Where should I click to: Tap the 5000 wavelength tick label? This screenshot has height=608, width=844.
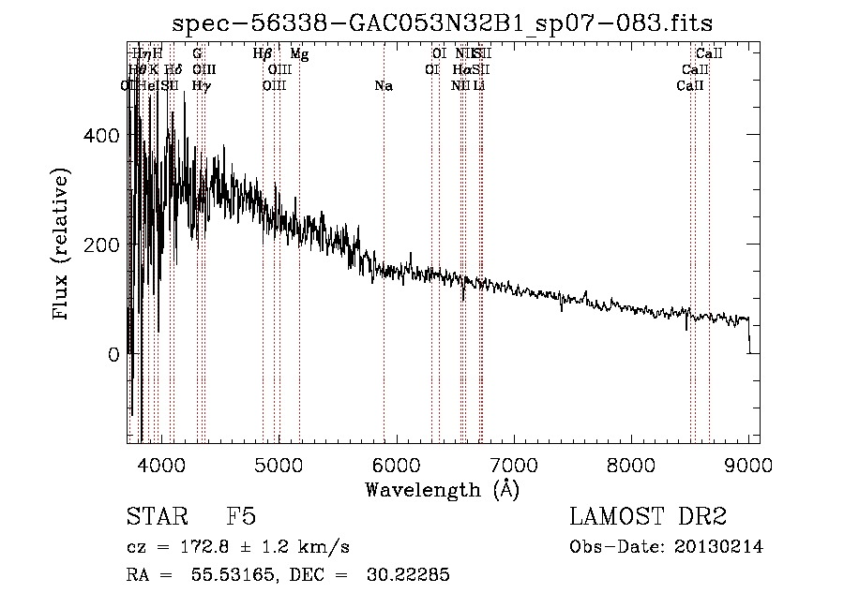pos(279,465)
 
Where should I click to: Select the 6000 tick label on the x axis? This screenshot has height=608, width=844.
pos(397,465)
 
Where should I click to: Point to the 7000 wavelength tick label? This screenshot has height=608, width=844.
pos(514,465)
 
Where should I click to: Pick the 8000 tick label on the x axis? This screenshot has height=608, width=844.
pos(631,465)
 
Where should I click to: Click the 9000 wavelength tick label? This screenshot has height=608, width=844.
pos(748,465)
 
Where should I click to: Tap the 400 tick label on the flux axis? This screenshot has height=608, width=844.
pos(102,136)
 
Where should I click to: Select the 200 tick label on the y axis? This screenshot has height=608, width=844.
pos(102,245)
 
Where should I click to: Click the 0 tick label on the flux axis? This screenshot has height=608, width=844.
pos(113,355)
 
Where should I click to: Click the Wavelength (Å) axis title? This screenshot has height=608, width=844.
pos(441,489)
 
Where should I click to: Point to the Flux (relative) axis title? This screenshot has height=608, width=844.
pos(63,245)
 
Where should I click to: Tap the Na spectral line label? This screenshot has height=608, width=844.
pos(383,86)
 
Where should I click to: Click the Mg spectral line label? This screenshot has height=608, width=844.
pos(299,54)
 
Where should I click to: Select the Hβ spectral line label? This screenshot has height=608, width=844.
pos(263,54)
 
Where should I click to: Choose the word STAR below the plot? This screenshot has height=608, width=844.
pos(156,518)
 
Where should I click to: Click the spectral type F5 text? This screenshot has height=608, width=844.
pos(241,518)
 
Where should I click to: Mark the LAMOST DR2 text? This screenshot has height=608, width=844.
pos(648,518)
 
